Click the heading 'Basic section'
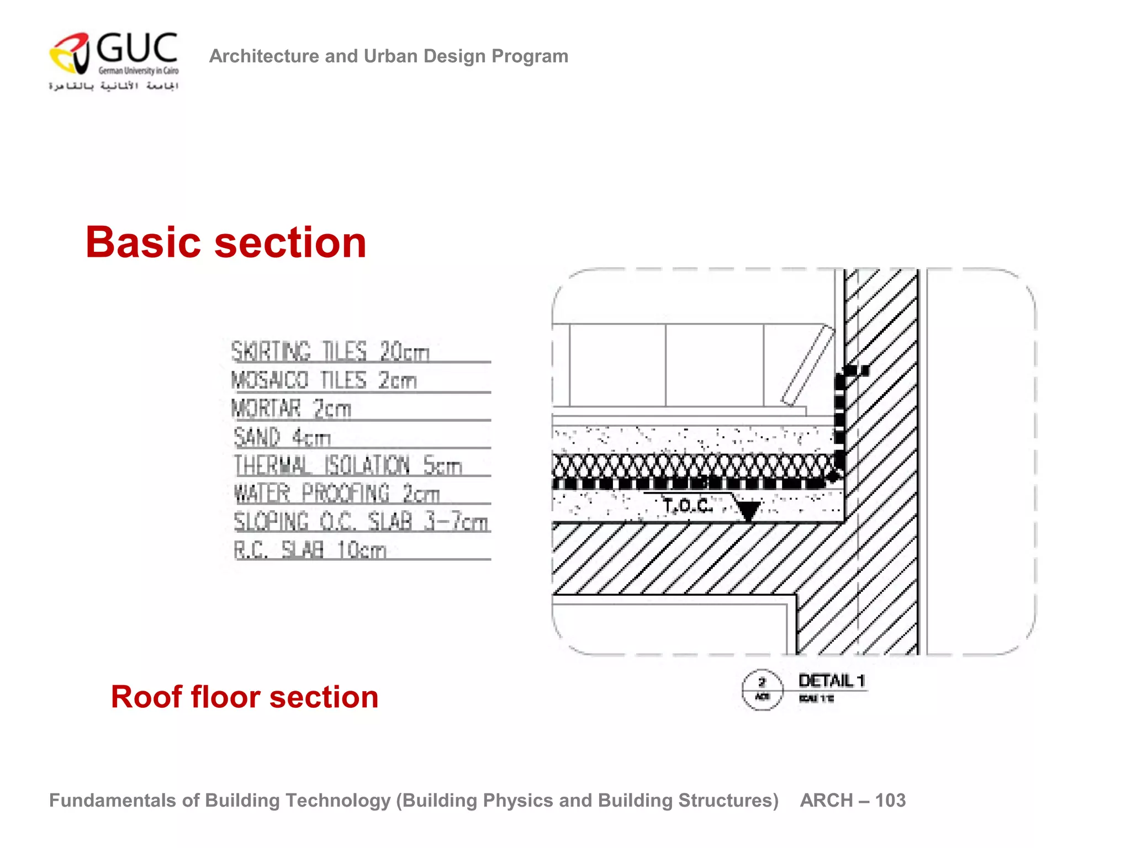(226, 242)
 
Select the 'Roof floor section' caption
(245, 697)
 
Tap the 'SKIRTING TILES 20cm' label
(330, 352)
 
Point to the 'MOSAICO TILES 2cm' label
(324, 380)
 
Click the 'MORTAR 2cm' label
(291, 409)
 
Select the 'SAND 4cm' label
(282, 437)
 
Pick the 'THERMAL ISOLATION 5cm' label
(348, 465)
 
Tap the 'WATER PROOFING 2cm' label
(337, 494)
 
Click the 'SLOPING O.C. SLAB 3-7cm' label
(361, 522)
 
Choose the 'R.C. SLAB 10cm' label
(310, 550)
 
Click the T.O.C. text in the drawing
(688, 505)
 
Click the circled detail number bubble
(762, 689)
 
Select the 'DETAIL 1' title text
(832, 681)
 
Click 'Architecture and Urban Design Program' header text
(389, 56)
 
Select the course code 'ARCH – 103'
(853, 801)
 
